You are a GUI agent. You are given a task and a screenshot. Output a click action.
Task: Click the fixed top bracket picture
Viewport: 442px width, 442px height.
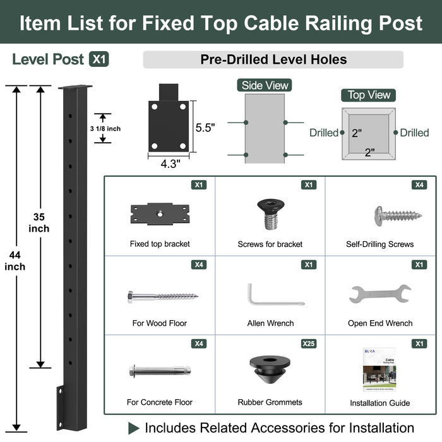pos(159,213)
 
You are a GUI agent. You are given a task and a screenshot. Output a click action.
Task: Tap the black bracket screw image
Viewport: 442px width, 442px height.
pos(270,214)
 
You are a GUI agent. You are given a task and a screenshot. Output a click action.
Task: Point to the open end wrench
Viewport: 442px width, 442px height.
pos(379,294)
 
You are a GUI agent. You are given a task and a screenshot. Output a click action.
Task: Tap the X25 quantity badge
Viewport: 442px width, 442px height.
pos(308,343)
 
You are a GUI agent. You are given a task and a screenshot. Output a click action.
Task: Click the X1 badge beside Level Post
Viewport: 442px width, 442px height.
pos(99,59)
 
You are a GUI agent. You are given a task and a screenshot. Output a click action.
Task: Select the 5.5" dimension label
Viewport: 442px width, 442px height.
pos(205,128)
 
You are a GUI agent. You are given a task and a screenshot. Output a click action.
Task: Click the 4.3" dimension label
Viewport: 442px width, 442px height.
pos(169,164)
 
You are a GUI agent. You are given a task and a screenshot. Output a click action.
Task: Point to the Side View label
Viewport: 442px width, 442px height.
pos(265,85)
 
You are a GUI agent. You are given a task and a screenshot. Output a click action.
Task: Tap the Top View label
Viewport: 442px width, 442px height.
pos(369,95)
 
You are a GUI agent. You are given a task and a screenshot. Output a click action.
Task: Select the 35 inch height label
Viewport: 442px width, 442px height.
pos(40,222)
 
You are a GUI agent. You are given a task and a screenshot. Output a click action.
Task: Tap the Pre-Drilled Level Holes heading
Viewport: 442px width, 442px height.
pos(273,60)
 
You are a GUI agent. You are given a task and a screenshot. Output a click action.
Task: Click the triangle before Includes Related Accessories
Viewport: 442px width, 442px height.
pos(134,427)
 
